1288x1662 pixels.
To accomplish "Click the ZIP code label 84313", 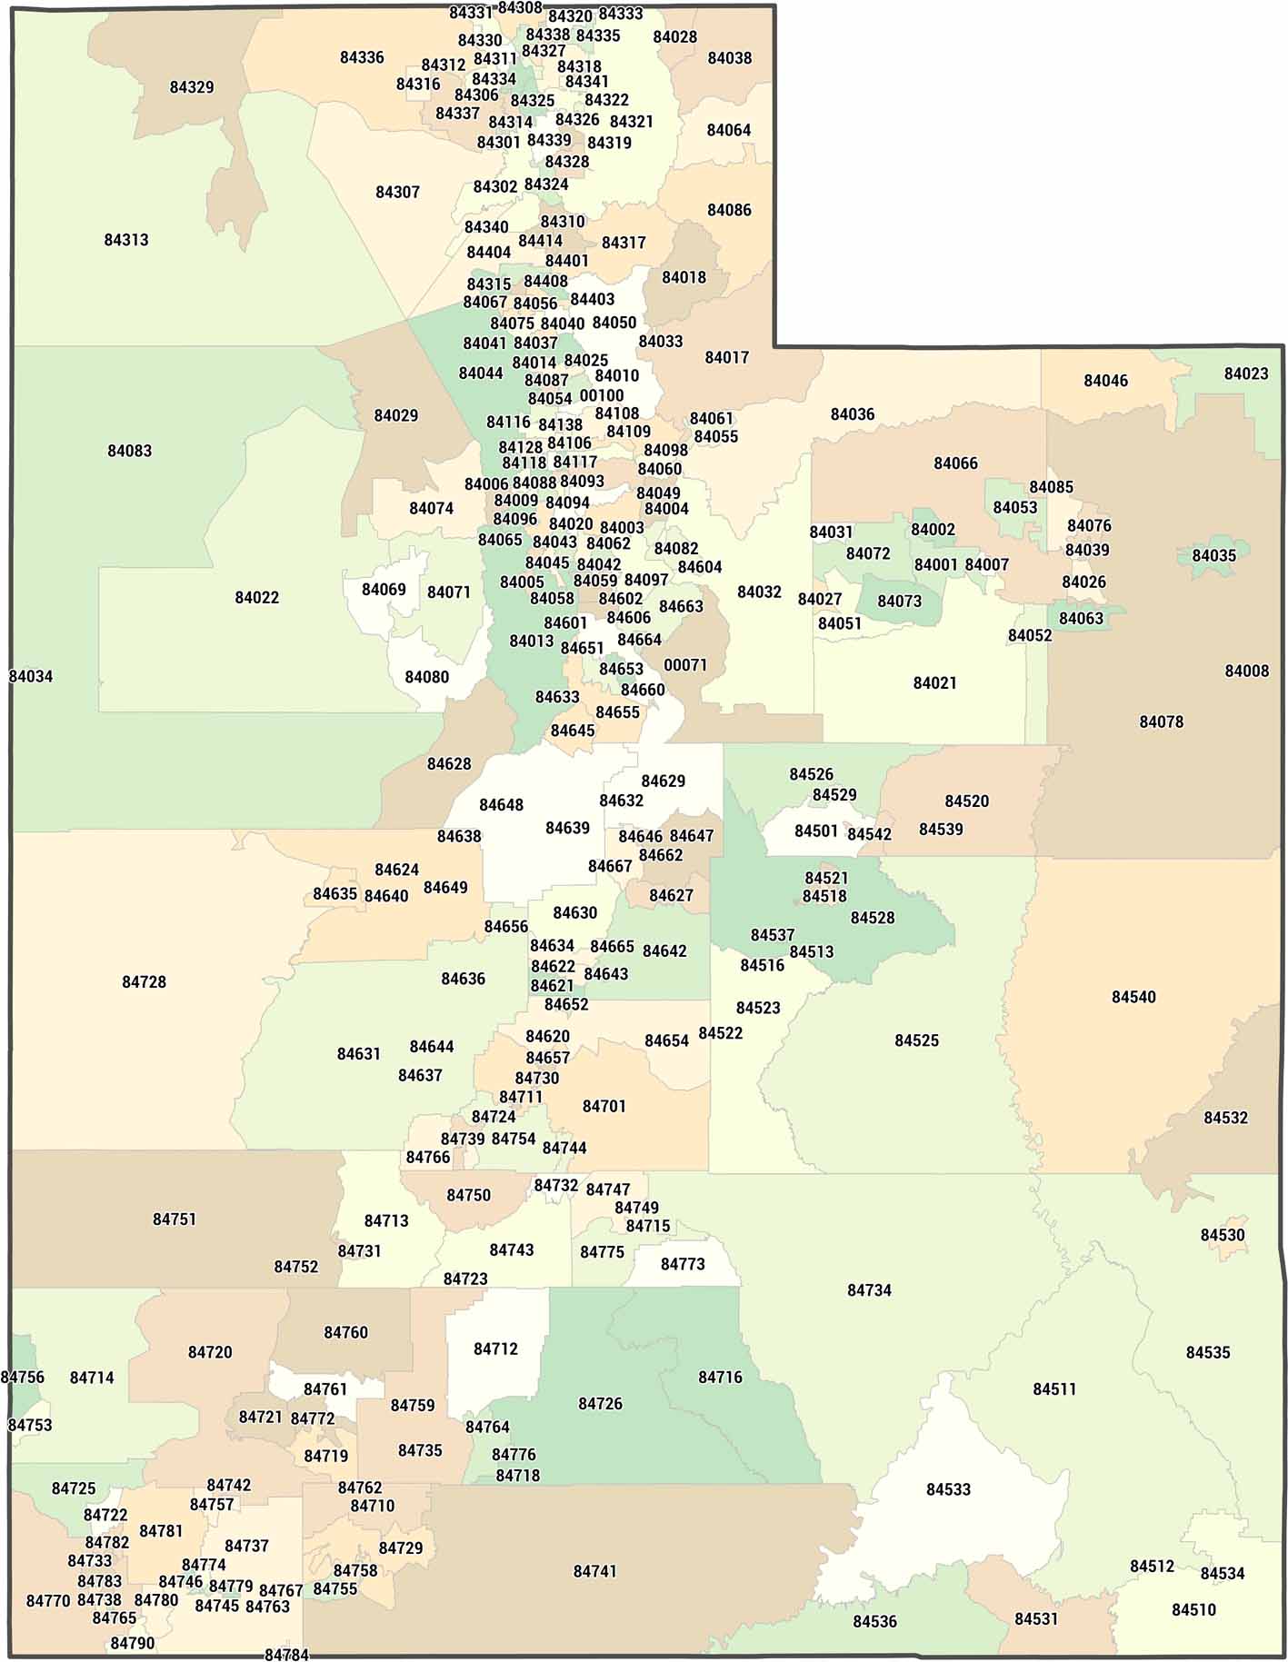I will pos(126,240).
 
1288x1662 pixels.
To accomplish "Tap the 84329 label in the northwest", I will pos(192,87).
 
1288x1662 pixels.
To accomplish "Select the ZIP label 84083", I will pos(130,451).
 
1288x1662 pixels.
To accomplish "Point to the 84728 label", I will pos(145,981).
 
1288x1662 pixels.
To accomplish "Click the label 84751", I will pos(175,1219).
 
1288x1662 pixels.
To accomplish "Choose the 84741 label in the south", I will pos(595,1570).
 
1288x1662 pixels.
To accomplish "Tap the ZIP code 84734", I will pos(869,1289).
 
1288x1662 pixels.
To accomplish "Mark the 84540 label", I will pos(1133,997).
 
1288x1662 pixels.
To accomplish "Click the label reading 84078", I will pos(1162,722).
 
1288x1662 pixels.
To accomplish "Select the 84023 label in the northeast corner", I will pos(1246,373).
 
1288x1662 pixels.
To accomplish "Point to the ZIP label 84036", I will pos(853,414).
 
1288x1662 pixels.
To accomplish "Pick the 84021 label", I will pos(935,682).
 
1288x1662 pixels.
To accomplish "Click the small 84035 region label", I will pos(1214,555).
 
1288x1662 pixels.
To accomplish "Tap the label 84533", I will pos(949,1488).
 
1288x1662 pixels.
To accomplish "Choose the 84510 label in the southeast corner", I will pos(1193,1609).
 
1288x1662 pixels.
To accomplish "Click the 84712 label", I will pos(496,1349).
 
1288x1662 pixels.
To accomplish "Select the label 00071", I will pos(685,664).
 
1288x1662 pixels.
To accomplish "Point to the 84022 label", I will pos(257,597).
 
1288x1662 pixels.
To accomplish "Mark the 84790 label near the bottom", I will pos(133,1643).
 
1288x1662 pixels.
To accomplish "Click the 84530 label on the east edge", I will pos(1223,1235).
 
